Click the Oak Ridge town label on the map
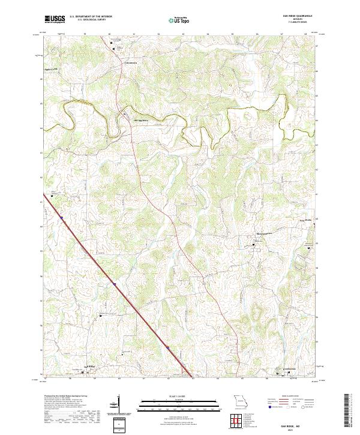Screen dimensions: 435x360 pyautogui.click(x=89, y=366)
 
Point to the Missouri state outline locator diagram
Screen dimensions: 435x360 pyautogui.click(x=242, y=400)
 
